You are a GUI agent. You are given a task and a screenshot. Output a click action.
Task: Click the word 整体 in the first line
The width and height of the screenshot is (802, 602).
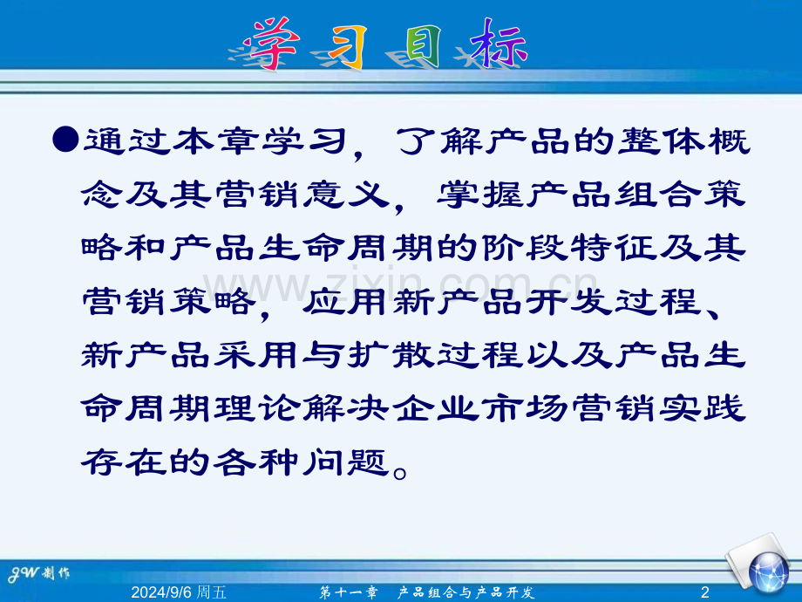point(663,141)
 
